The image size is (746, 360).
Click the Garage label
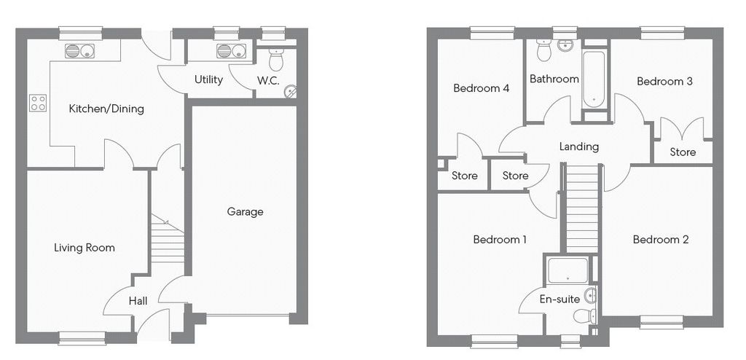click(x=245, y=212)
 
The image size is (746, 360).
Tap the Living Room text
click(x=85, y=248)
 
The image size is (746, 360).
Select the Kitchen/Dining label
click(x=106, y=109)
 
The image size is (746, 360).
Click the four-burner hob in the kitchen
click(x=38, y=103)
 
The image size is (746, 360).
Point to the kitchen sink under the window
click(x=79, y=51)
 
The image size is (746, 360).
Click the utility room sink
click(x=231, y=51)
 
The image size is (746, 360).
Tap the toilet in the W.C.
click(x=276, y=60)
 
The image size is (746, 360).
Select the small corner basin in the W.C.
click(x=291, y=91)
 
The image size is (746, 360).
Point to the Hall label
click(x=138, y=301)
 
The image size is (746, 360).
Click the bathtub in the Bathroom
click(x=594, y=79)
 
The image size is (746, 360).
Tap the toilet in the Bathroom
click(x=543, y=50)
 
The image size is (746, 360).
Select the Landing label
click(x=579, y=146)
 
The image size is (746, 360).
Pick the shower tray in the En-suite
click(x=568, y=271)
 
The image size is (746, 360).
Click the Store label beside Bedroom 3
click(x=683, y=152)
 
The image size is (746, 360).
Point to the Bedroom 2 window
click(x=661, y=322)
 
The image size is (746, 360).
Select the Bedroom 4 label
click(x=482, y=88)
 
